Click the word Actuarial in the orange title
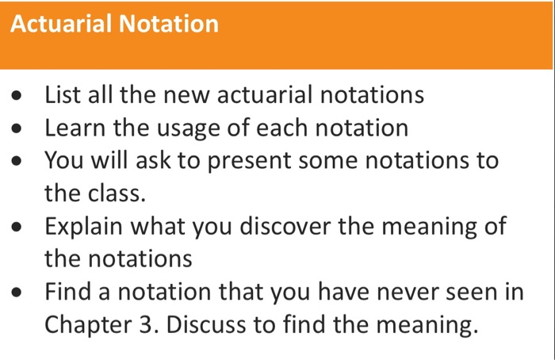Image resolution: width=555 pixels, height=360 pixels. [x=61, y=24]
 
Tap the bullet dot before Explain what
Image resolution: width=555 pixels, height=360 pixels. [x=18, y=228]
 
